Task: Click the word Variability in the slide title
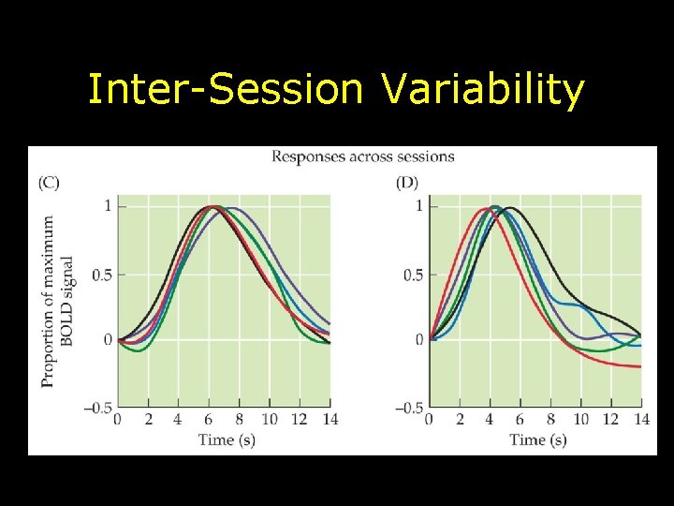[x=483, y=91]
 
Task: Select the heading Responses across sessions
[x=363, y=156]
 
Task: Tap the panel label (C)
[x=49, y=183]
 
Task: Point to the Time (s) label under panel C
[x=227, y=439]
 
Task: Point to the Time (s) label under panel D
[x=537, y=439]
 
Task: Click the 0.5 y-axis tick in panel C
[x=101, y=275]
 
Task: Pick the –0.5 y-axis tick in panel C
[x=98, y=407]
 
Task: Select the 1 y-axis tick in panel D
[x=418, y=206]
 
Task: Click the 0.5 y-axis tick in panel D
[x=413, y=275]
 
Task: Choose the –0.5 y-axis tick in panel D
[x=410, y=407]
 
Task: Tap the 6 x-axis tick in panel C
[x=209, y=419]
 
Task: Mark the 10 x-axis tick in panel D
[x=580, y=419]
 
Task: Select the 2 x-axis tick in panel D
[x=460, y=419]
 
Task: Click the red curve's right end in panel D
[x=639, y=366]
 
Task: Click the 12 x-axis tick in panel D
[x=610, y=419]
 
